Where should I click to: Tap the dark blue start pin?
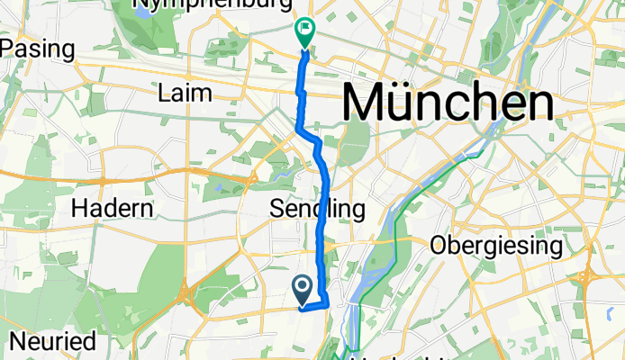tap(302, 287)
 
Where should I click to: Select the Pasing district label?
tap(37, 48)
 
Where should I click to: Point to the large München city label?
tap(448, 104)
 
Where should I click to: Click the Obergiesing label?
tap(496, 244)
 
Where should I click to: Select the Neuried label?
tap(53, 341)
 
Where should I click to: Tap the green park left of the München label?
tap(356, 139)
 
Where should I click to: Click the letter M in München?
tap(366, 104)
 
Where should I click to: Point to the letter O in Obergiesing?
tap(439, 244)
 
